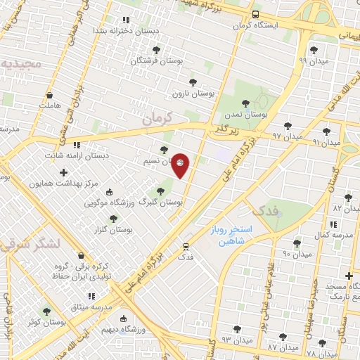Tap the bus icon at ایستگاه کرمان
[255, 14]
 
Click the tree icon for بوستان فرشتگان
[156, 50]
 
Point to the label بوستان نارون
[193, 93]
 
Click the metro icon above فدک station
[186, 246]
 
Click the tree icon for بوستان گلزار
[113, 219]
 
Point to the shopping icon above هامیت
[49, 96]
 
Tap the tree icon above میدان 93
[235, 328]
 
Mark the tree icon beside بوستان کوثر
[46, 311]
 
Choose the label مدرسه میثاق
[92, 307]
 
